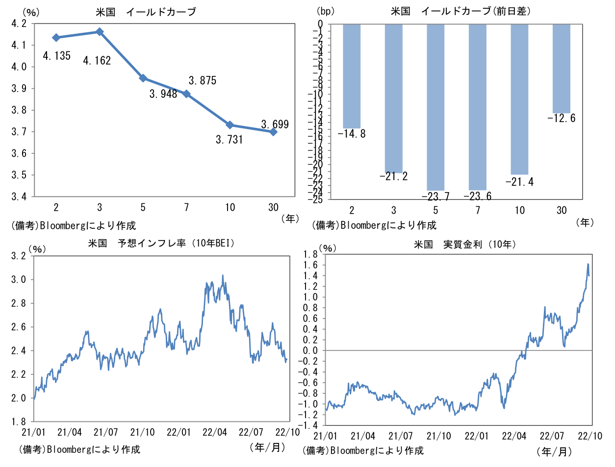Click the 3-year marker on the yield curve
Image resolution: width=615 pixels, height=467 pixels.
coord(100,32)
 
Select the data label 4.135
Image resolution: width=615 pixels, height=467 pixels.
coord(56,56)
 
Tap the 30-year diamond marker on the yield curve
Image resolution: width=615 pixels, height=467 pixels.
coord(273,132)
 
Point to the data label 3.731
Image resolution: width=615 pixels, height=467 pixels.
coord(229,140)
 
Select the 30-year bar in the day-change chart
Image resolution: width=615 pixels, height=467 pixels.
coord(562,69)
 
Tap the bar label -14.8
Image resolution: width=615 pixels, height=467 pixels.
coord(352,134)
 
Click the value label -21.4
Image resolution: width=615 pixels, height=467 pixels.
coord(519,182)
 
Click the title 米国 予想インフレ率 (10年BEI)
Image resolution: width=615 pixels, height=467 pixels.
coord(161,243)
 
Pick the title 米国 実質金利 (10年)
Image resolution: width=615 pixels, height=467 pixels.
coord(464,244)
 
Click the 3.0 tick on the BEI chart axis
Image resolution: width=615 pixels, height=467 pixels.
coord(19,280)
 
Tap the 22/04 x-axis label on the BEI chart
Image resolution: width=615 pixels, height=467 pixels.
coord(215,432)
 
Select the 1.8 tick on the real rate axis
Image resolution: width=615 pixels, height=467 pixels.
coord(310,254)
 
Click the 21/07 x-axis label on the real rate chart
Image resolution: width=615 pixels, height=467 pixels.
coord(400,436)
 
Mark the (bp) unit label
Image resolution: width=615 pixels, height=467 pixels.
coord(325,11)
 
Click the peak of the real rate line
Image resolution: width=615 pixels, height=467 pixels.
coord(588,264)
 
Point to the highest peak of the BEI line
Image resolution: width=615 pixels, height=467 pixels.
coord(223,275)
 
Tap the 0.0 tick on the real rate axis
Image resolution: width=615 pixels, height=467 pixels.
coord(310,350)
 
